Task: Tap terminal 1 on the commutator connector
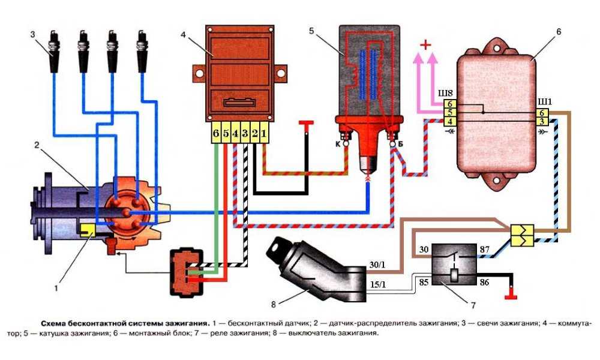[264, 132]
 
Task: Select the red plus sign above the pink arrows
[425, 45]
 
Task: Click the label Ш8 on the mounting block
[447, 93]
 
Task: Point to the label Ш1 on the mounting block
[542, 93]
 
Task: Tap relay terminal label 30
[423, 248]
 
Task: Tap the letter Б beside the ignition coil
[400, 144]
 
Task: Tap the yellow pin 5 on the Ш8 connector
[448, 112]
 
